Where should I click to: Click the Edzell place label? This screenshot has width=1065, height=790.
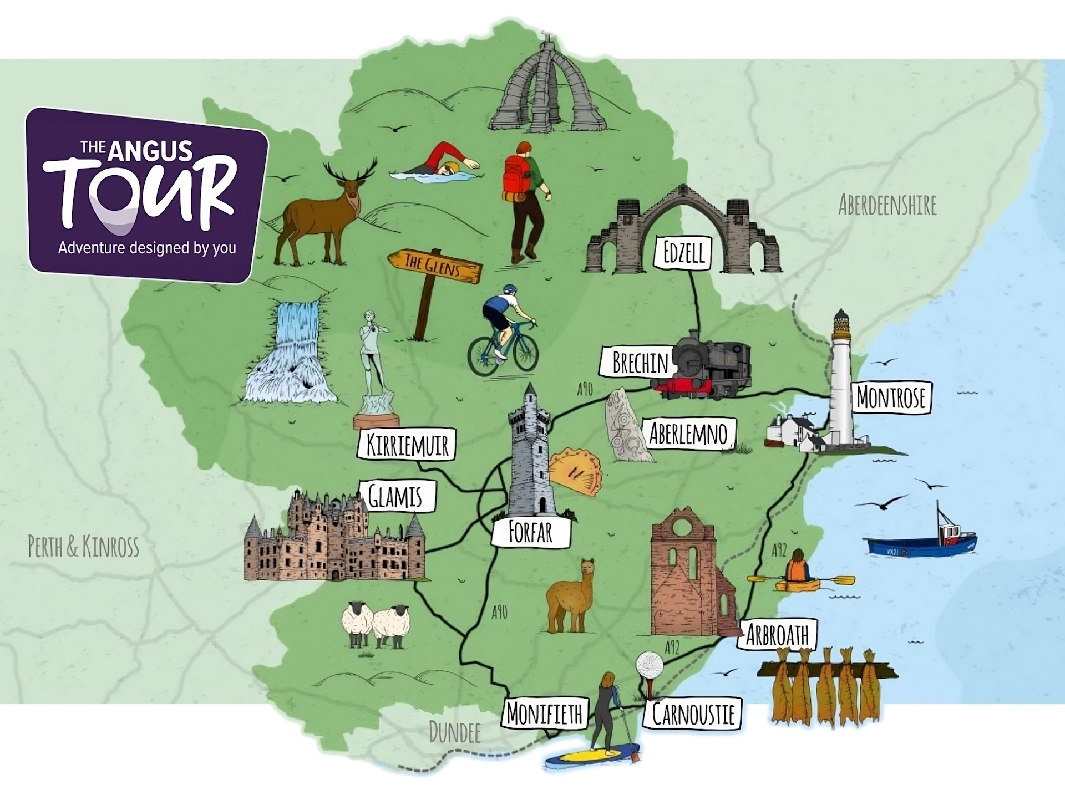pyautogui.click(x=683, y=253)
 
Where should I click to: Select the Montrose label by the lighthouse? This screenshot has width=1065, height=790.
pyautogui.click(x=891, y=397)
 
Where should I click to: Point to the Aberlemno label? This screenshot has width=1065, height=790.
pyautogui.click(x=688, y=434)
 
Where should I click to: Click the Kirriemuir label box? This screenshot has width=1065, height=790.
pyautogui.click(x=407, y=445)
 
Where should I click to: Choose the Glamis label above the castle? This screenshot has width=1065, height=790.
pyautogui.click(x=396, y=496)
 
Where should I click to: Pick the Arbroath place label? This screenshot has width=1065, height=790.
pyautogui.click(x=777, y=635)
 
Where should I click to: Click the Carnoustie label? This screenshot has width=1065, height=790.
pyautogui.click(x=693, y=714)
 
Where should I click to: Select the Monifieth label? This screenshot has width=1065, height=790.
pyautogui.click(x=545, y=713)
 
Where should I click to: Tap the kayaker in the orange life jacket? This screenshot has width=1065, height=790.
pyautogui.click(x=798, y=568)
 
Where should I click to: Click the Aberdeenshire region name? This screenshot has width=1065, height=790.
pyautogui.click(x=887, y=205)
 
